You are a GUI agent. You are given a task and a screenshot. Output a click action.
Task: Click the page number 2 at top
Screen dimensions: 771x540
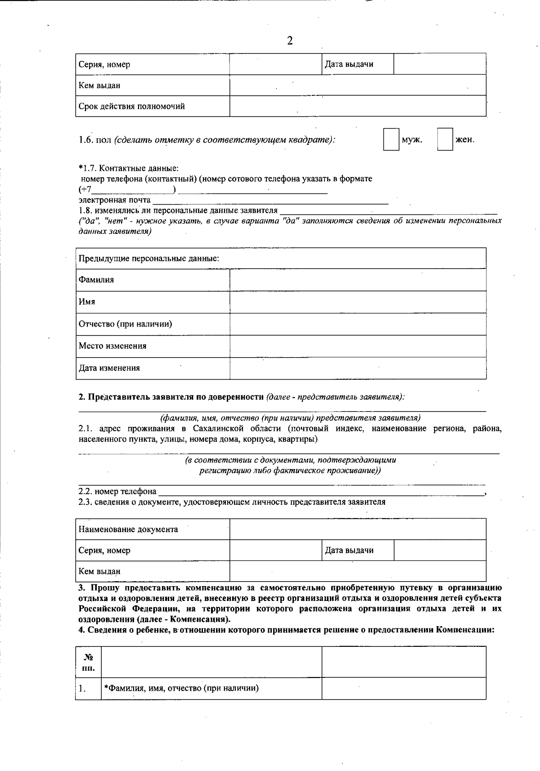[289, 41]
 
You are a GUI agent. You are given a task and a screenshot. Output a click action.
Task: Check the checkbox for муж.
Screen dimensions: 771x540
[391, 139]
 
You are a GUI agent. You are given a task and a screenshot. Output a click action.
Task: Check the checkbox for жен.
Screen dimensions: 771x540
[445, 139]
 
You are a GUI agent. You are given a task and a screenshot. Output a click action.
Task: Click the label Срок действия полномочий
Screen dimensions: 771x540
[131, 107]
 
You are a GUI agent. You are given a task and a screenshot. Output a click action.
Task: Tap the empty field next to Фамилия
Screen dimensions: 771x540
[358, 280]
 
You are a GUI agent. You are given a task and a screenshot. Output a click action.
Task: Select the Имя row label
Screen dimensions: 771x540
[87, 301]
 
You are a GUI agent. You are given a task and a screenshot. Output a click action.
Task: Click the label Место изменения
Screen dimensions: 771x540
[112, 346]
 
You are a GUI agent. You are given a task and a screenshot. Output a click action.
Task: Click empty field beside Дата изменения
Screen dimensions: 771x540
[358, 368]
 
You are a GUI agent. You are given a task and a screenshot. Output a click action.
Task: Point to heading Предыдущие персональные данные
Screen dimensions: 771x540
[149, 259]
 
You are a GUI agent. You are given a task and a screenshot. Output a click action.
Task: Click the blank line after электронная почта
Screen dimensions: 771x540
[270, 201]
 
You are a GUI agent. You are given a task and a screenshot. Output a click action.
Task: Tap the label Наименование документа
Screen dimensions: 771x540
[128, 529]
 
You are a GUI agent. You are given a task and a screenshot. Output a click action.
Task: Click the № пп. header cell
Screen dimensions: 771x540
[88, 662]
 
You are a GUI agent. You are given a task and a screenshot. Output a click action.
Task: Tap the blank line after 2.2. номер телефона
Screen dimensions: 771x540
[322, 491]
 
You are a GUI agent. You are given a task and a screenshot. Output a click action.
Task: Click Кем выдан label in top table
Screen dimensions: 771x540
[99, 85]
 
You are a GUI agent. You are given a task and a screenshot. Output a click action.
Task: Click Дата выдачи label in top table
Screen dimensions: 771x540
[349, 64]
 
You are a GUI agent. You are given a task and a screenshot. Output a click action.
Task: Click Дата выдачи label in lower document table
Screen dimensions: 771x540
[349, 550]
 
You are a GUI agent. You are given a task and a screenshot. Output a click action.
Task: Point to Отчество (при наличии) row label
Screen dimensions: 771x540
[125, 324]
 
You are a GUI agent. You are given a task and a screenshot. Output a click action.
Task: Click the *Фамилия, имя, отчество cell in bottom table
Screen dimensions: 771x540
[181, 688]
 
